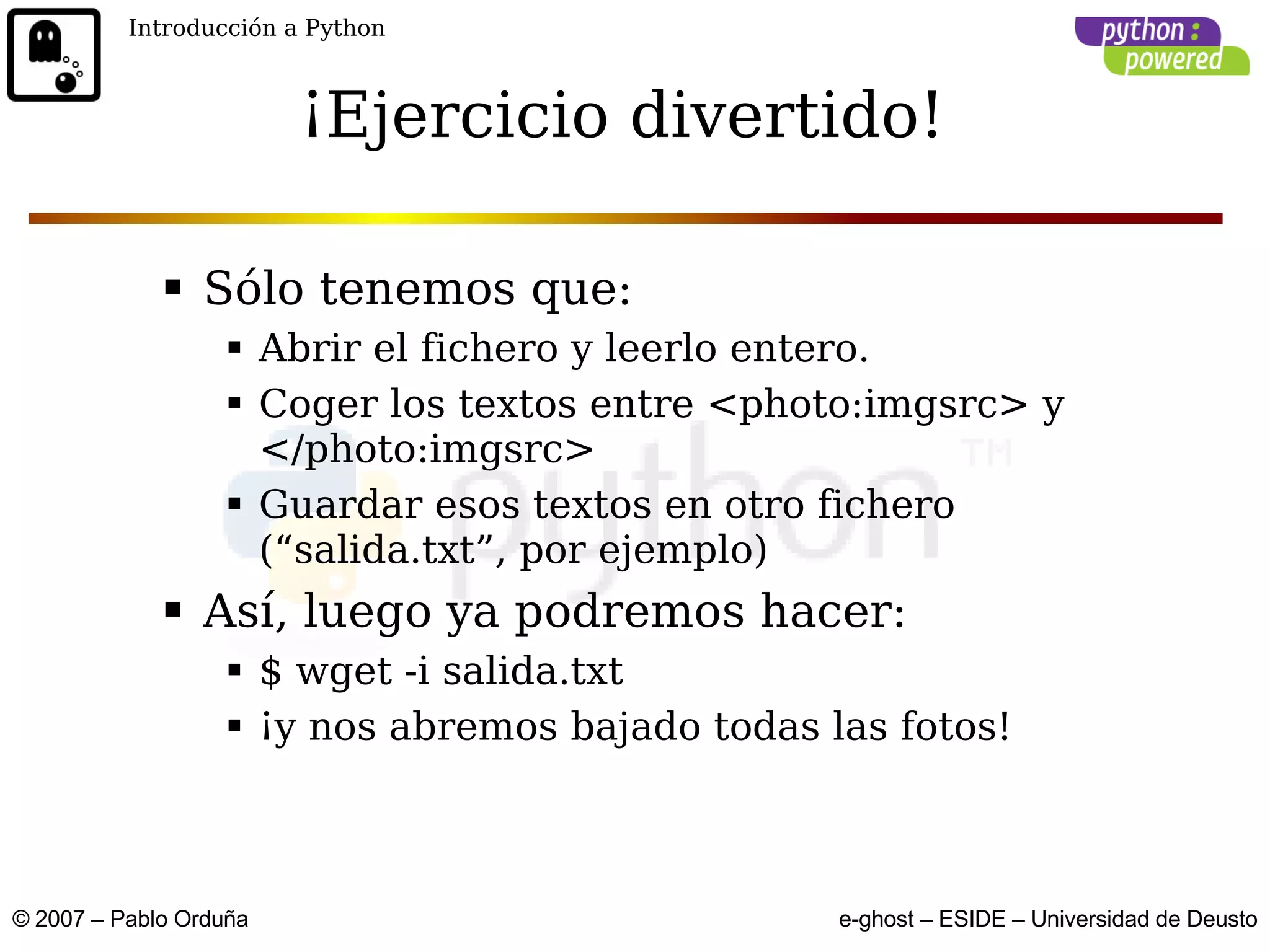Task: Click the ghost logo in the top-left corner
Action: [x=54, y=55]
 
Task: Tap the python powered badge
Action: [x=1161, y=46]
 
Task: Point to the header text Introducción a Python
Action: [x=256, y=29]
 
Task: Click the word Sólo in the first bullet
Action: [x=254, y=289]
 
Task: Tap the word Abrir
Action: [x=309, y=348]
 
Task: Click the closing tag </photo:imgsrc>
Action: [x=427, y=449]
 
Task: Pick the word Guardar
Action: [x=340, y=505]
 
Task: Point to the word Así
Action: [x=244, y=612]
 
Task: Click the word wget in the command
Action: [x=344, y=672]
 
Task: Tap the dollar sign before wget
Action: [x=270, y=671]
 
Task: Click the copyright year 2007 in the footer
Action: [x=60, y=919]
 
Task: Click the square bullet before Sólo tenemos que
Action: [x=173, y=287]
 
